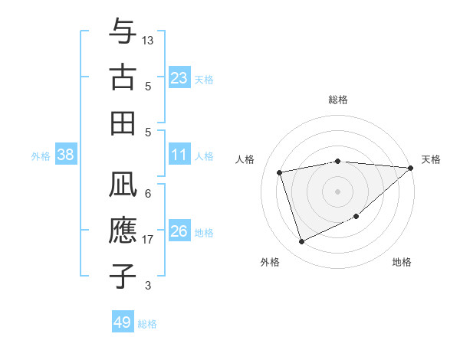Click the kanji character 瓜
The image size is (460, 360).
coord(123,185)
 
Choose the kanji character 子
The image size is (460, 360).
coord(123,275)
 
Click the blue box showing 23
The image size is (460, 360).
coord(179,77)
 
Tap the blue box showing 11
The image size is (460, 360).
coord(179,155)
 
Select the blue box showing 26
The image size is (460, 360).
coord(179,231)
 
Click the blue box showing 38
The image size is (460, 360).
coord(66,155)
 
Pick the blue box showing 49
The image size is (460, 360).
coord(123,322)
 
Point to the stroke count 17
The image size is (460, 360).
coord(148,239)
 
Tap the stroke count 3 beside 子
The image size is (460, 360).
coord(148,285)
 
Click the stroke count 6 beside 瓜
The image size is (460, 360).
coord(148,193)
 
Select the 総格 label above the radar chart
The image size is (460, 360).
coord(338,100)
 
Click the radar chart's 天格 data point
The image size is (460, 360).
coord(410,168)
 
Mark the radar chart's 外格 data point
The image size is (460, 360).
coord(301,242)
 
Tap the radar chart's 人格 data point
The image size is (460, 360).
coord(280,172)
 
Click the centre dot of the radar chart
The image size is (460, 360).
coord(338,191)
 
